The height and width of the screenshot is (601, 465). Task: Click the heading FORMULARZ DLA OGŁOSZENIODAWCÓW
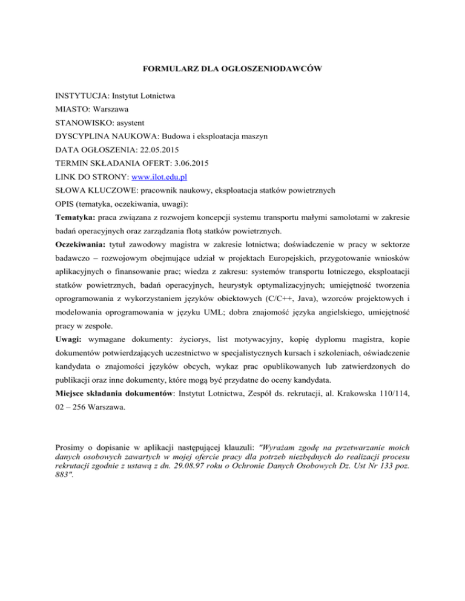point(232,70)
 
